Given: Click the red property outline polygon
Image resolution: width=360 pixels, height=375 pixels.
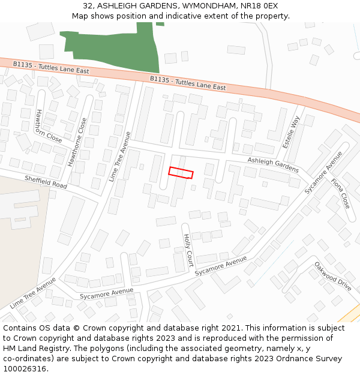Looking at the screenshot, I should (181, 173).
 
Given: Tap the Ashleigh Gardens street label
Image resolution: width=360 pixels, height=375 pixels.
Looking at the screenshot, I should (273, 165).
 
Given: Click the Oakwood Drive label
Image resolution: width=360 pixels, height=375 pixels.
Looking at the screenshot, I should (333, 276).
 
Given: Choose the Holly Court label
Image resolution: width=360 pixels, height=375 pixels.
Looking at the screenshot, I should (188, 250).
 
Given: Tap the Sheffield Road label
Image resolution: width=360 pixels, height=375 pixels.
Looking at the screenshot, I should (46, 182).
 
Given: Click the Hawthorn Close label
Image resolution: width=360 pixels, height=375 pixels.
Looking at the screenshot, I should (49, 126).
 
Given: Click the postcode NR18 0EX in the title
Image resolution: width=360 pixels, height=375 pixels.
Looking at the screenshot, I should (258, 5).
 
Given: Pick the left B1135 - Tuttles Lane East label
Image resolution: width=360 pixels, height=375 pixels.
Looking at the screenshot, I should (52, 67).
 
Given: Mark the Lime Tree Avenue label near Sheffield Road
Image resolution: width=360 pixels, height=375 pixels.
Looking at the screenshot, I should (119, 156).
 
